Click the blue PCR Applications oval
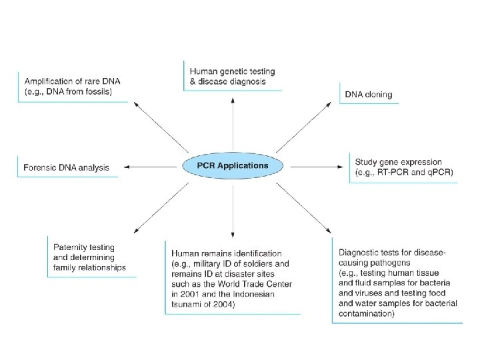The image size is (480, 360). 233,165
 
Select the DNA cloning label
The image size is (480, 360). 369,94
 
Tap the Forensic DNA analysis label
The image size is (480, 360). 66,167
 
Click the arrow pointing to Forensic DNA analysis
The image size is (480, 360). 150,167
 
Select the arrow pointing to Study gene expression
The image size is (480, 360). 317,167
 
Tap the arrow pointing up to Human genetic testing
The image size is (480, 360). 233,124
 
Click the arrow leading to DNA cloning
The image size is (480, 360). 304,127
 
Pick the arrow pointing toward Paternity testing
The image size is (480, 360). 161,208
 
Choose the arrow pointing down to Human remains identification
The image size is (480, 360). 233,211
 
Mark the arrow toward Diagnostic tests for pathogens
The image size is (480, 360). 304,208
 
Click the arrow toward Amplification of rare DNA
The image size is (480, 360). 161,127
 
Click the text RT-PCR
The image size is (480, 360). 393,172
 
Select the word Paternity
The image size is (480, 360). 71,247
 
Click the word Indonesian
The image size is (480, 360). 254,294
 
